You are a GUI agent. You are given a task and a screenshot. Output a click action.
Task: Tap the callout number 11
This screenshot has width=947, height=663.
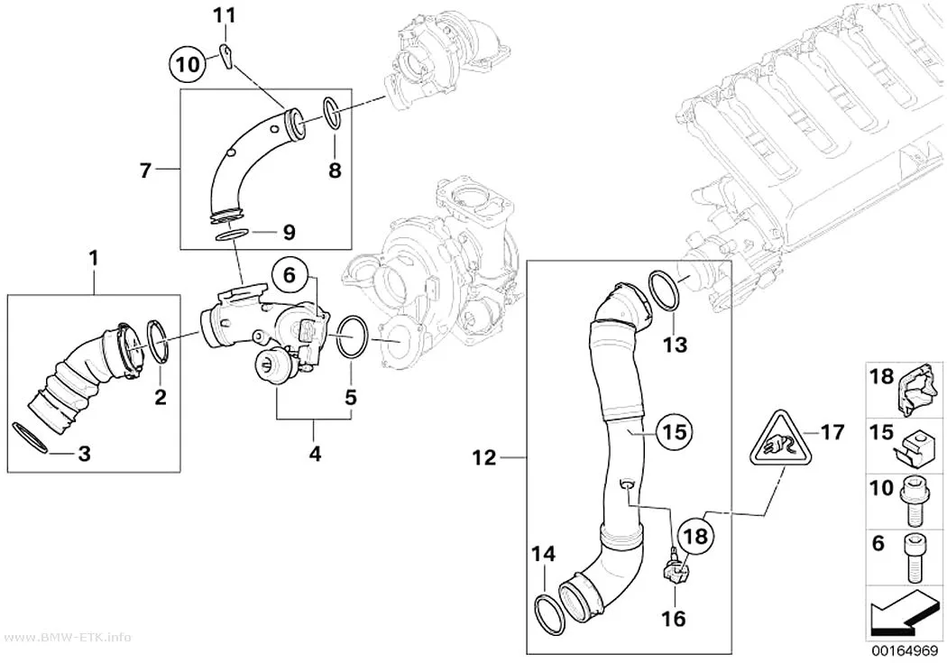(x=225, y=15)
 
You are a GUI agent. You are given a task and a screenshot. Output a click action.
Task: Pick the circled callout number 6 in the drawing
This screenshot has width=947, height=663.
(x=290, y=276)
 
